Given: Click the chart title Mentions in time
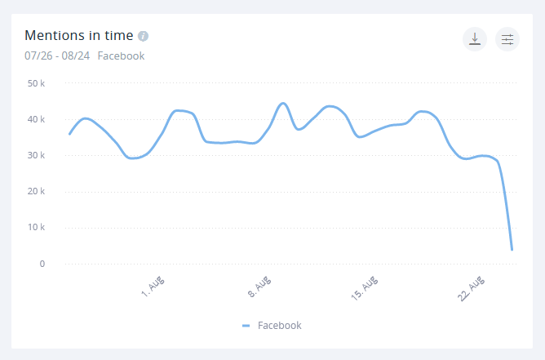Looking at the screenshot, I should [x=78, y=36].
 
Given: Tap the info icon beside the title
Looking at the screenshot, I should [x=144, y=36].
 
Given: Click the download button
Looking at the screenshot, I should [x=474, y=39].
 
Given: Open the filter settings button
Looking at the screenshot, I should [x=507, y=39].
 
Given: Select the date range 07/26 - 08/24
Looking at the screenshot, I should [x=57, y=56].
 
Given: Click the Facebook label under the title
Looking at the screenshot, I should [x=121, y=56].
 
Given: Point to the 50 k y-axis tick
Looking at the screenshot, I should [x=36, y=83].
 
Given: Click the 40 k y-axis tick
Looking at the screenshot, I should [x=36, y=119].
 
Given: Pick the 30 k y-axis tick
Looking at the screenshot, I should [x=36, y=155].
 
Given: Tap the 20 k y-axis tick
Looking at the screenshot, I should [x=36, y=191].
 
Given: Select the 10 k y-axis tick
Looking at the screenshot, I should [x=36, y=227].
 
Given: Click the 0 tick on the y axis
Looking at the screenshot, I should [x=41, y=264].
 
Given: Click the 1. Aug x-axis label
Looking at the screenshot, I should [x=153, y=288].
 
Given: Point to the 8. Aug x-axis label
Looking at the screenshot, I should [x=259, y=288].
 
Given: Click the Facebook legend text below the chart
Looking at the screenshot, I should [x=279, y=325].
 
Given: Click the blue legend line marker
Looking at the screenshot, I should [x=246, y=326].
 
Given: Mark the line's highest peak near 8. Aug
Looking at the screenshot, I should [x=282, y=103].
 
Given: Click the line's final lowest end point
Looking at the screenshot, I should [x=512, y=249].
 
